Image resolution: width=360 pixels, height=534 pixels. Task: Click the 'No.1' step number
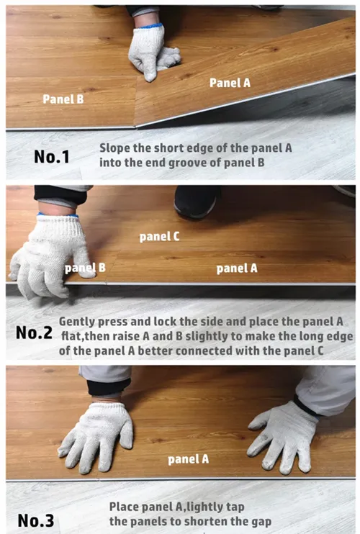pos(52,157)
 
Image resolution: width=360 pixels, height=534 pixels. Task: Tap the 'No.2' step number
pos(34,332)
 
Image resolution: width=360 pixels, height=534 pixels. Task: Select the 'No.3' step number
pos(36,520)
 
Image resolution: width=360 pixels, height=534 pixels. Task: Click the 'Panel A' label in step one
pos(230,83)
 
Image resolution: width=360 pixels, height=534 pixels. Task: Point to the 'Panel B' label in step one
pos(63,99)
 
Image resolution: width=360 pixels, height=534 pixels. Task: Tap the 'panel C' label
pos(159,236)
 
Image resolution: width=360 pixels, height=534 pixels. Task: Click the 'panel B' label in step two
pos(85,268)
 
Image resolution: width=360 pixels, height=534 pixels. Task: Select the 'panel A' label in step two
pos(237,268)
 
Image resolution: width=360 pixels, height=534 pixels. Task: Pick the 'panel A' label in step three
pos(189,459)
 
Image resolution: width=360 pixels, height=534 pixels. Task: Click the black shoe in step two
pos(196,202)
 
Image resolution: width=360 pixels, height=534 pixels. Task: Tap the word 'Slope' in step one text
pos(114,148)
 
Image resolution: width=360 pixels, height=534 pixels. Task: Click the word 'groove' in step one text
pos(187,163)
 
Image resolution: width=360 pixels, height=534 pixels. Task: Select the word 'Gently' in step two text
pos(77,322)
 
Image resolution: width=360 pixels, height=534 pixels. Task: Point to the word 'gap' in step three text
pos(261,522)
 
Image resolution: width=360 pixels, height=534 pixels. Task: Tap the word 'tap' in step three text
pos(235,507)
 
